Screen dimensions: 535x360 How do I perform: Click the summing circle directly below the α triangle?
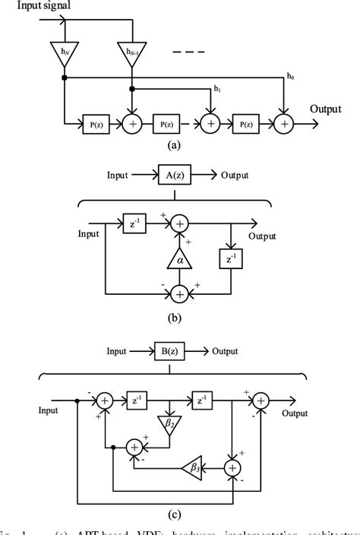click(x=179, y=292)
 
